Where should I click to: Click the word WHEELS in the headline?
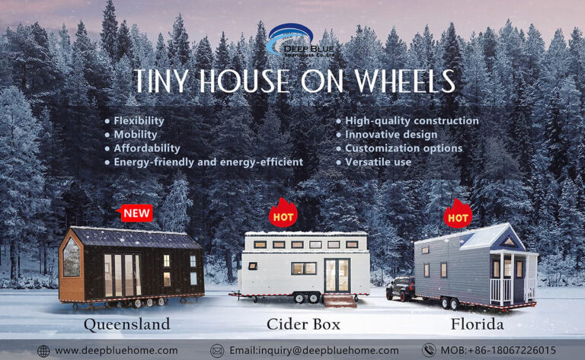pyautogui.click(x=404, y=81)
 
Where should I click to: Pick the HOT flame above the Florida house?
pyautogui.click(x=458, y=214)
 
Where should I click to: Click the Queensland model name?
pyautogui.click(x=127, y=324)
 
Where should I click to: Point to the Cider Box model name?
pyautogui.click(x=303, y=324)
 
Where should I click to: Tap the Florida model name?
pyautogui.click(x=477, y=324)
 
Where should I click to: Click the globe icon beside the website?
pyautogui.click(x=43, y=351)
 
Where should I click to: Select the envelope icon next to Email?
pyautogui.click(x=217, y=351)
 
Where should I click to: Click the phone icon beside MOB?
pyautogui.click(x=429, y=350)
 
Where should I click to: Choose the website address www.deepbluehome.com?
pyautogui.click(x=117, y=351)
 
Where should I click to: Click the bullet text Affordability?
pyautogui.click(x=147, y=148)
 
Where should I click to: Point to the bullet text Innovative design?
pyautogui.click(x=391, y=135)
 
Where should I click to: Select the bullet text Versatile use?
pyautogui.click(x=378, y=162)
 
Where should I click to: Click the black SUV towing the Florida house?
pyautogui.click(x=401, y=288)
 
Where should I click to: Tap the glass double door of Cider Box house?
pyautogui.click(x=337, y=276)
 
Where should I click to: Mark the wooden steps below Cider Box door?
pyautogui.click(x=340, y=301)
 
